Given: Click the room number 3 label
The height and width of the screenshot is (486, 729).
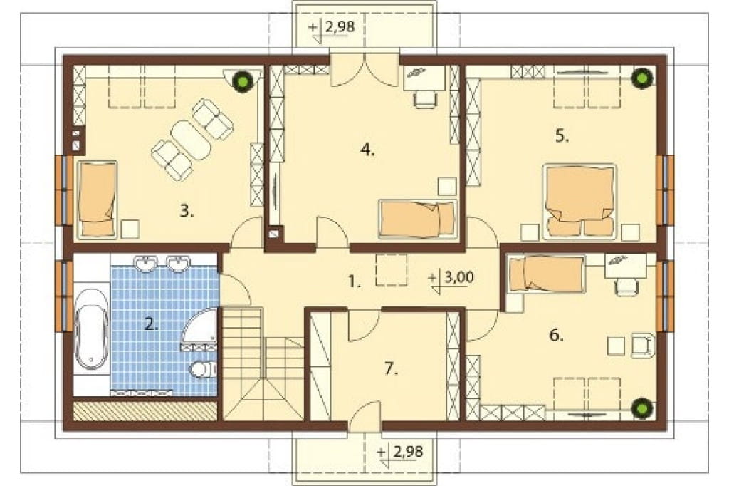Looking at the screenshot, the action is (187, 212).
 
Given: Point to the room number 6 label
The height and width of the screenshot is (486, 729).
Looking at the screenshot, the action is (557, 335).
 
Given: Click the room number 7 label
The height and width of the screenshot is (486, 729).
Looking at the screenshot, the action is (392, 369).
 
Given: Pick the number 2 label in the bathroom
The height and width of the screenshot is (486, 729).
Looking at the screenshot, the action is (151, 324).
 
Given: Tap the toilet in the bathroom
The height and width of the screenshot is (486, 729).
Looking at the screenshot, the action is (203, 368).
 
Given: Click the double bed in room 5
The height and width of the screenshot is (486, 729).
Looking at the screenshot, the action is (579, 201).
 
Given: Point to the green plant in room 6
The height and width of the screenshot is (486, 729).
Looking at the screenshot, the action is (643, 408).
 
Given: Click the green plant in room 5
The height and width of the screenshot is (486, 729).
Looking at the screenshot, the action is (643, 77).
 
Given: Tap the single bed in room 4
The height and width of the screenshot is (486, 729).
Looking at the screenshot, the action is (417, 219).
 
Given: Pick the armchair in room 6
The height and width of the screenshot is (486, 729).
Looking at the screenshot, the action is (644, 344).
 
